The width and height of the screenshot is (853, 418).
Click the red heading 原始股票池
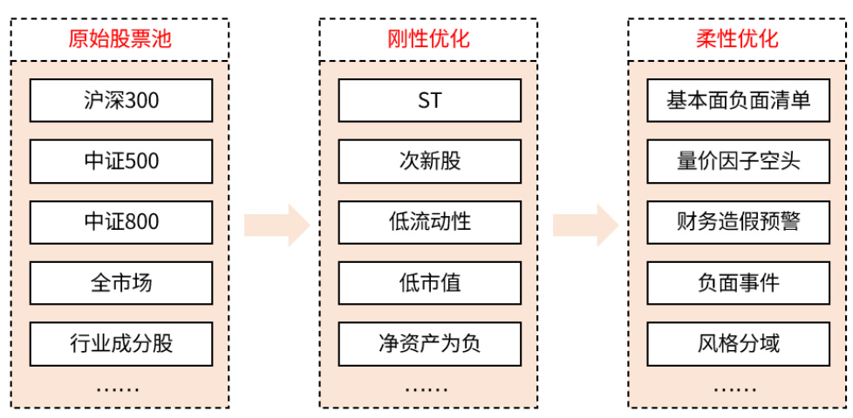tap(120, 39)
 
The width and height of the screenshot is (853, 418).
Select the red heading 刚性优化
tap(428, 39)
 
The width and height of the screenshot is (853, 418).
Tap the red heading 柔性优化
tap(737, 39)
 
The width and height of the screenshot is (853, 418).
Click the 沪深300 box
tap(120, 101)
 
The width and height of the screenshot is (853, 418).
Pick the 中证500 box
tap(120, 161)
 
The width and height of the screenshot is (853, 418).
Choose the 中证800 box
tap(120, 222)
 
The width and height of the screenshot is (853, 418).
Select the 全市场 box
tap(120, 283)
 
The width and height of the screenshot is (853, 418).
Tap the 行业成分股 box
tap(120, 343)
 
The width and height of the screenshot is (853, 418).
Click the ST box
tap(429, 101)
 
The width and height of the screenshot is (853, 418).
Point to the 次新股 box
tap(429, 161)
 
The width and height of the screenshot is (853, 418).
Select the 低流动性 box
tap(429, 222)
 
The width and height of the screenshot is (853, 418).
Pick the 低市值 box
tap(429, 283)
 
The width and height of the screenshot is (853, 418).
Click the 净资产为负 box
tap(429, 343)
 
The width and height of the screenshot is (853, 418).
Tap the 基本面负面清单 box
tap(738, 101)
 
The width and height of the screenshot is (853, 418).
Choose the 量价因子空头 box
tap(738, 161)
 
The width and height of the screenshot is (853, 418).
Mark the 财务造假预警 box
tap(738, 222)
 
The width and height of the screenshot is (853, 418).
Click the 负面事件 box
tap(738, 283)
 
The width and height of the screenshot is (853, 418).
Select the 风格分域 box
tap(738, 343)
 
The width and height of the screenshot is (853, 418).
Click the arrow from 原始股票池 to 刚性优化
tap(276, 226)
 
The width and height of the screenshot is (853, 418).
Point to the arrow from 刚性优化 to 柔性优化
tap(584, 226)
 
